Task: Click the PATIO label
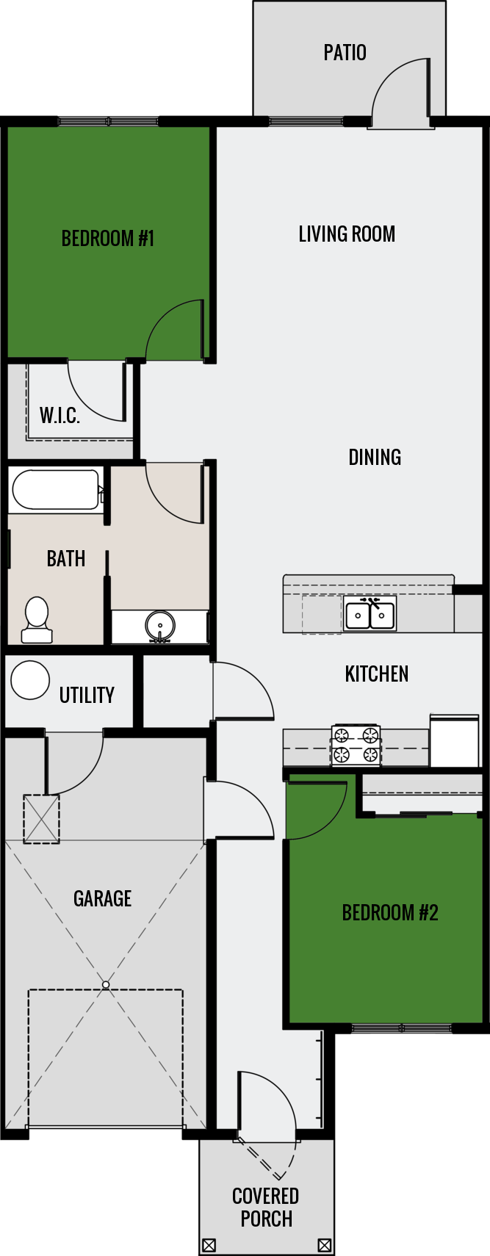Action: (345, 53)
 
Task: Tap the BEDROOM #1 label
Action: (107, 239)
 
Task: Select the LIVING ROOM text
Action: (347, 234)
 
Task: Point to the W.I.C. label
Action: (60, 416)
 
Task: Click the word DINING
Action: (375, 458)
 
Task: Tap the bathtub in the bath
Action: (55, 490)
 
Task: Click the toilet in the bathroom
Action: (36, 620)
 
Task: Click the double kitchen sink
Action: (370, 614)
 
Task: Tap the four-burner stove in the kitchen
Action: (356, 745)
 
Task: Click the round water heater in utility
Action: (30, 680)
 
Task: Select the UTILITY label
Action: (87, 696)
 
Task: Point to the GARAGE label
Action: (102, 899)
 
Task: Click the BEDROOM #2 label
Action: (390, 913)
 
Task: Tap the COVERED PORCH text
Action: (266, 1208)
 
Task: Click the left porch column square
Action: (209, 1245)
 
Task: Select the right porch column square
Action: (325, 1245)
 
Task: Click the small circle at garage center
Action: (106, 984)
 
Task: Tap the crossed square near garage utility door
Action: (41, 819)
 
